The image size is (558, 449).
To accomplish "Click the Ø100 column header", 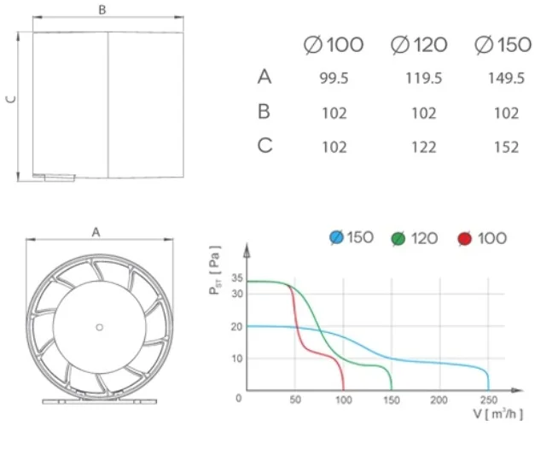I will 334,44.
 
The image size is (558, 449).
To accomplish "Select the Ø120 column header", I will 419,44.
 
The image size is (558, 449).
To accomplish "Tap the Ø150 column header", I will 503,44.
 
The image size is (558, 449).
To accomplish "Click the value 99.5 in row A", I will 334,78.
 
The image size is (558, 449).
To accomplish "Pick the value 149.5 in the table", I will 506,78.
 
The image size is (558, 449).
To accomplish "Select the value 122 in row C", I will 419,147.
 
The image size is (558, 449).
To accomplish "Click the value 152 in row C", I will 506,147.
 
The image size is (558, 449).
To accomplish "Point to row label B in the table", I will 264,111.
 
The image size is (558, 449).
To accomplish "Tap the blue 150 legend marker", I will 336,237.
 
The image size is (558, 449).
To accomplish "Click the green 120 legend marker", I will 398,238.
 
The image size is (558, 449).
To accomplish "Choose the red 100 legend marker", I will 464,238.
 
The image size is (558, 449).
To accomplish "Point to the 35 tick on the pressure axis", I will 237,278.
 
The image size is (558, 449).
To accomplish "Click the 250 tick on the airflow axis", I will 487,399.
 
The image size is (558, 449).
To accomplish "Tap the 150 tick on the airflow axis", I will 391,399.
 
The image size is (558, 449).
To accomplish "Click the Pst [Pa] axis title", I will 215,270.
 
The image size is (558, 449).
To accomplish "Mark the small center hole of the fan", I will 99,326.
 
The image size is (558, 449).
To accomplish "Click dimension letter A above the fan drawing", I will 96,231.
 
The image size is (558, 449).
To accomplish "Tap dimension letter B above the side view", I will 102,10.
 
